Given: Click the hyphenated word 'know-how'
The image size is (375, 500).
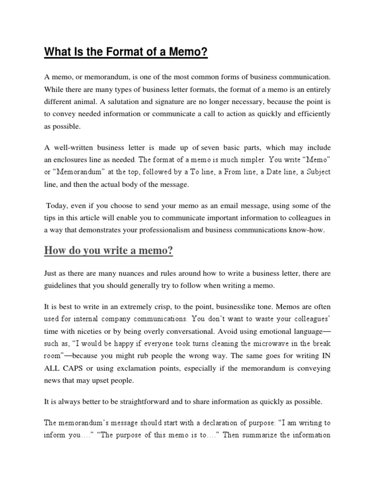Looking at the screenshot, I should pyautogui.click(x=311, y=229).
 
